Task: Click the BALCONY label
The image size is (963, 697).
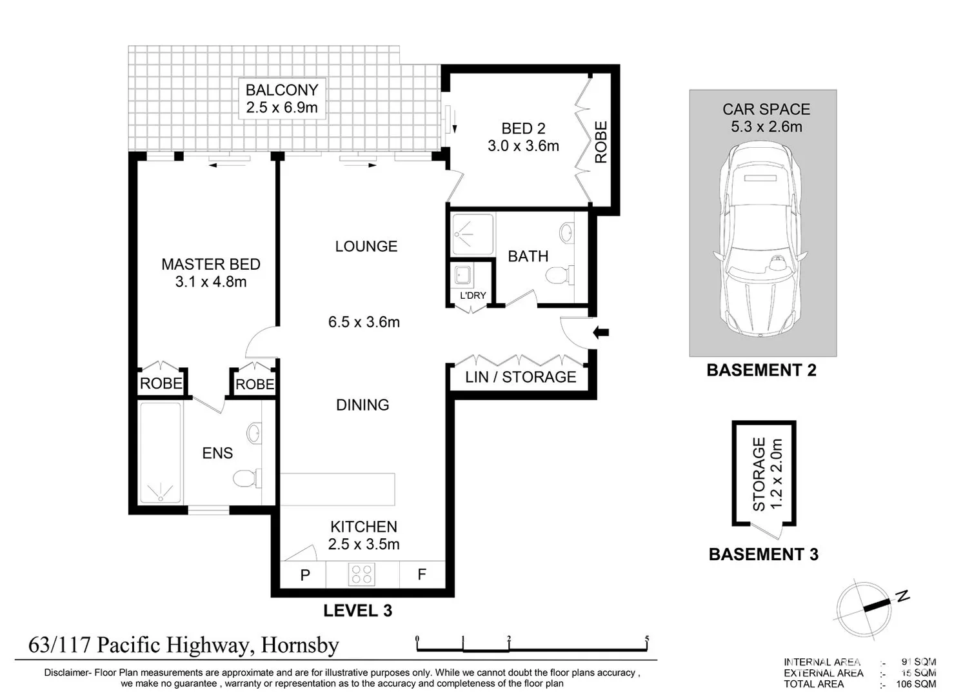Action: point(282,90)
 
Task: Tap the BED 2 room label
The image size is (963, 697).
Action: point(522,128)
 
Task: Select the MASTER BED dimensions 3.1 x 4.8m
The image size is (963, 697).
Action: point(211,282)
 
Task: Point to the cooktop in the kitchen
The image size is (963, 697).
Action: point(361,574)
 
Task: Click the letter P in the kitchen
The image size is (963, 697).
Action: point(305,575)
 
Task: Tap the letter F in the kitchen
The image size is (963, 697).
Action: point(421,574)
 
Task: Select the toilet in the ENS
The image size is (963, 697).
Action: point(245,478)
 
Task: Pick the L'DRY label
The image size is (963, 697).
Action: point(473,296)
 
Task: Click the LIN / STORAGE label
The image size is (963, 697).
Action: point(521,377)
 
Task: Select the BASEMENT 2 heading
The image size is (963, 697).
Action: point(761,370)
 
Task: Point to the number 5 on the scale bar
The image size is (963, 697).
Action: point(646,640)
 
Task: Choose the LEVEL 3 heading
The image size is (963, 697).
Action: point(357,611)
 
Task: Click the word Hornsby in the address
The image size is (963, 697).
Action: point(299,645)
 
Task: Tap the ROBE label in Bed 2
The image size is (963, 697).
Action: point(601,142)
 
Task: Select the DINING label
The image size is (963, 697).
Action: point(362,405)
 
